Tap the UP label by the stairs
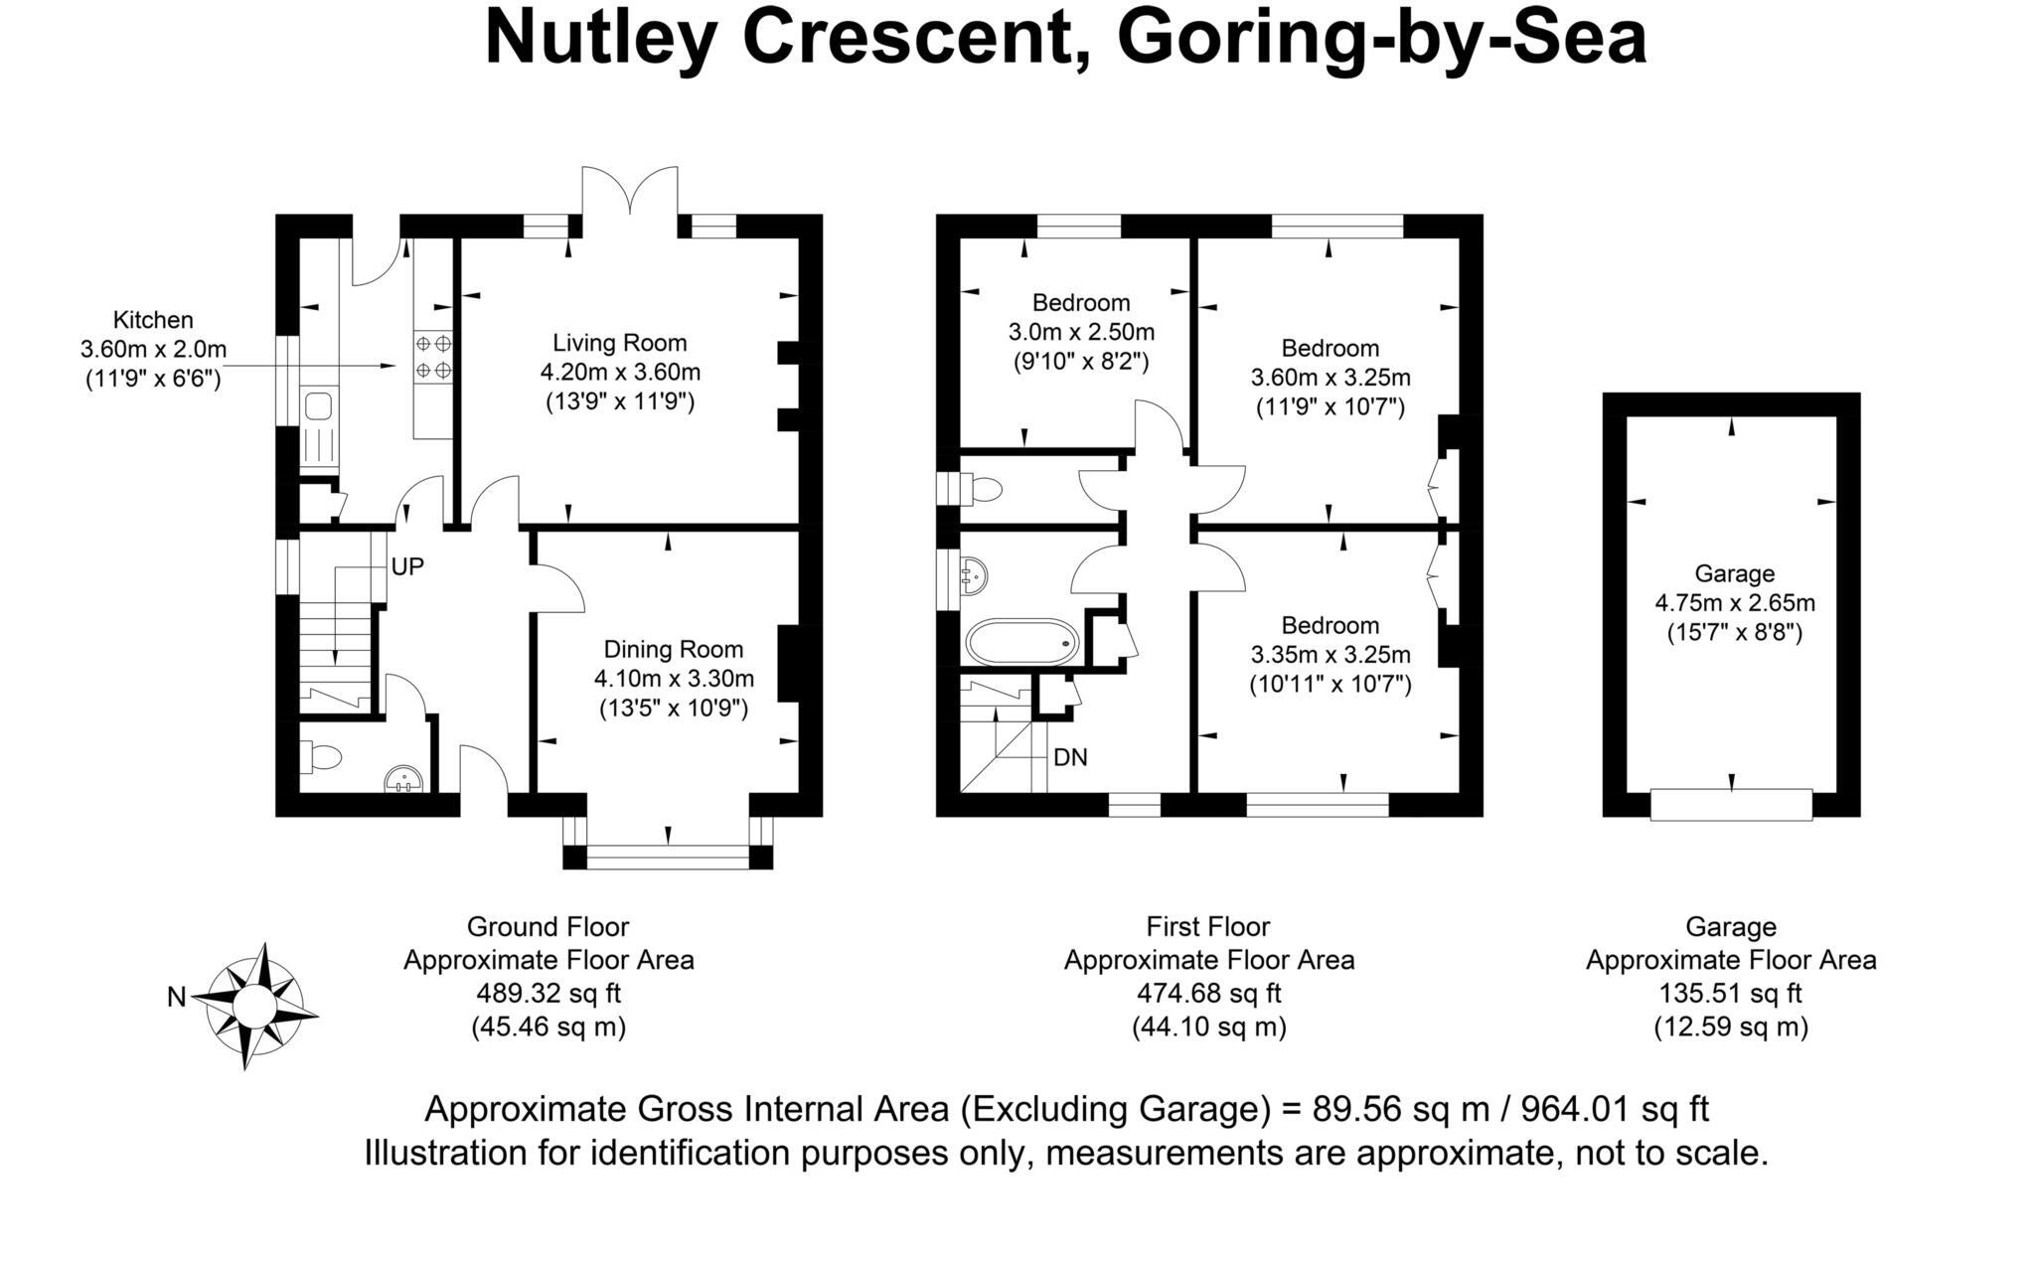coord(407,566)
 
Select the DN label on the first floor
coord(1070,757)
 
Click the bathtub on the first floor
coord(1021,642)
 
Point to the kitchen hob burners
coord(433,357)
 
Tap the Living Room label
coord(620,343)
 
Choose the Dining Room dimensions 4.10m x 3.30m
coord(674,679)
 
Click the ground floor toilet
coord(320,758)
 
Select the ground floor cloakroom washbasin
coord(404,778)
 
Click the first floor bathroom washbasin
coord(974,573)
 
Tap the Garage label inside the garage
coord(1734,573)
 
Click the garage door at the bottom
coord(1731,804)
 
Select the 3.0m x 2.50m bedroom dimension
coord(1081,331)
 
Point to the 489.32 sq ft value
coord(548,993)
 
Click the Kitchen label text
coord(153,320)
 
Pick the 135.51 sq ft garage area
coord(1730,993)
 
